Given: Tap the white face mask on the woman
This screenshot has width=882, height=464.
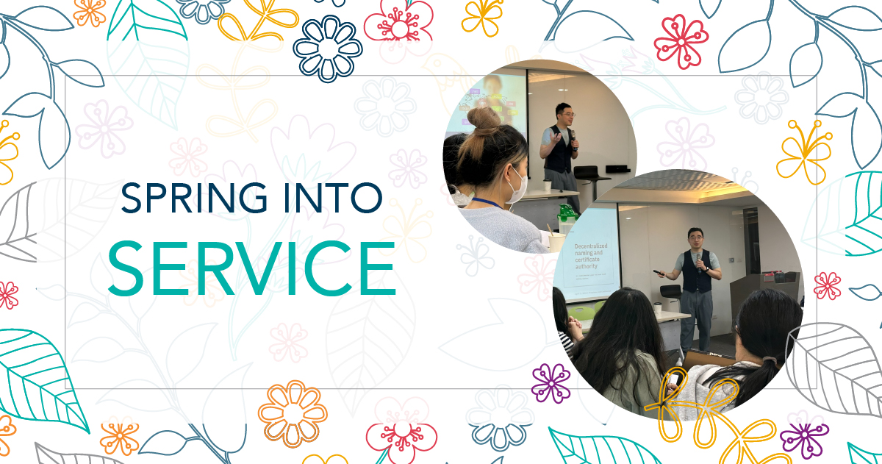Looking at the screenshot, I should coord(516,184).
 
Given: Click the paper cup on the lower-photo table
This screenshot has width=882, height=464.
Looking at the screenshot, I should coord(658,310).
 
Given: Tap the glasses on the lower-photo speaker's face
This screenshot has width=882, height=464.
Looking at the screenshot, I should coord(696,238).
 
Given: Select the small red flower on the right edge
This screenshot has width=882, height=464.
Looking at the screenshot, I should coord(828,285).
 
